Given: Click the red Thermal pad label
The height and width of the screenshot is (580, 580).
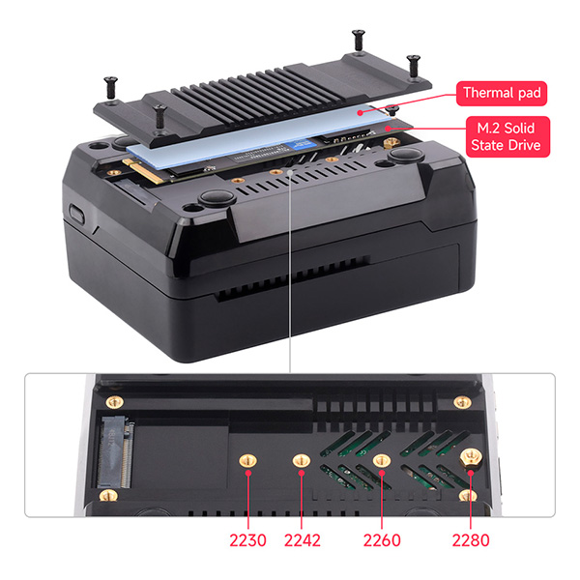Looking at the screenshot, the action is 502,94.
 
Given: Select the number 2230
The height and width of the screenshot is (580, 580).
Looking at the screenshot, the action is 247,540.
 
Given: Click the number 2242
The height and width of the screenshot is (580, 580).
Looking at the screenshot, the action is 303,540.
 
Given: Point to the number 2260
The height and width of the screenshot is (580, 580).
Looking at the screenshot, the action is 382,540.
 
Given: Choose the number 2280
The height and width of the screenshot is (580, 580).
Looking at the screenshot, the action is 471,540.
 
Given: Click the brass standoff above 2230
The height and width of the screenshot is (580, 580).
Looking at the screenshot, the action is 247,460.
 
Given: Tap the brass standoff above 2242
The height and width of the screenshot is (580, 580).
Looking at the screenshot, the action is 302,460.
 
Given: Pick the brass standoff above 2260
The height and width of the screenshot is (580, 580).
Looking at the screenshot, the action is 382,460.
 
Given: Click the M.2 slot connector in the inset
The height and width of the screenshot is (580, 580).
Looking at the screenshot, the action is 115,452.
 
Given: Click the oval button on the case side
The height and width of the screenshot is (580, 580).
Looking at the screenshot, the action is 76,215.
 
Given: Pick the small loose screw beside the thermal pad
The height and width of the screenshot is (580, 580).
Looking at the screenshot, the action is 392,110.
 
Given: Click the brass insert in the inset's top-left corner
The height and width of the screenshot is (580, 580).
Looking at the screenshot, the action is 115,402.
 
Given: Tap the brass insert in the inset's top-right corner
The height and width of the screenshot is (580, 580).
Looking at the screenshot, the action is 462,402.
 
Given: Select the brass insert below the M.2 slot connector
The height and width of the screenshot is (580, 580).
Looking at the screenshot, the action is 108,495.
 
